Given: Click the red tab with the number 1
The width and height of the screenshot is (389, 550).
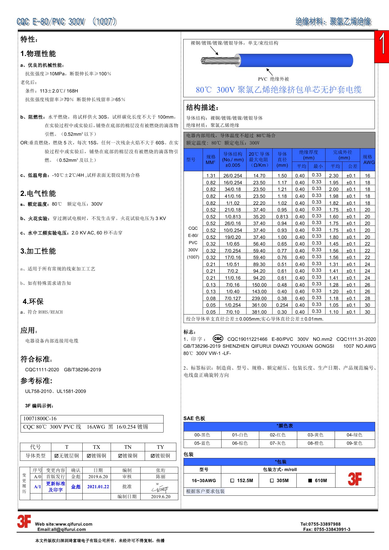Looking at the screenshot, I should pos(382,46).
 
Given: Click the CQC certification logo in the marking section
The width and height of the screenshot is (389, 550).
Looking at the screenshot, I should pos(218,339).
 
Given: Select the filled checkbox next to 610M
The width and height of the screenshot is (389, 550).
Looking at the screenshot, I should pos(310,480).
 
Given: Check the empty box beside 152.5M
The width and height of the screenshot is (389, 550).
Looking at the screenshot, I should pos(232,480).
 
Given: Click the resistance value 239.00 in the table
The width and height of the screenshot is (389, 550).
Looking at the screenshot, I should pos(259,298).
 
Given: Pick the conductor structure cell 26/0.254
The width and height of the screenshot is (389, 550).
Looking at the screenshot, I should pos(233,176).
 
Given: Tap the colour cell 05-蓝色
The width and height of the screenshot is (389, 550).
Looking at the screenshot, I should pos(202,443).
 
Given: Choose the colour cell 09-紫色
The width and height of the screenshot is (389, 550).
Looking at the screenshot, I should pos(354,443).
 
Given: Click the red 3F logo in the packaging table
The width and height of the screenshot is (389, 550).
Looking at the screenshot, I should pos(355,479).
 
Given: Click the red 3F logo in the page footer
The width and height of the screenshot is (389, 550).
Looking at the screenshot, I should pos(24,521).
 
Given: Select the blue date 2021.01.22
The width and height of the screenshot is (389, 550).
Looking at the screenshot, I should pos(98,487).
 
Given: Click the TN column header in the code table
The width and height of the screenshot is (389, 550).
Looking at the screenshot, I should pos(128,447).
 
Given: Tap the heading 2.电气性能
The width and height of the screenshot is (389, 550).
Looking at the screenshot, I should pos(38,193).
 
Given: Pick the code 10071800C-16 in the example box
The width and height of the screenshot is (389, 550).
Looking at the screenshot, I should pos(40,419).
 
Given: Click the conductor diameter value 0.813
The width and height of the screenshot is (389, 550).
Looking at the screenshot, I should pos(282,217).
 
